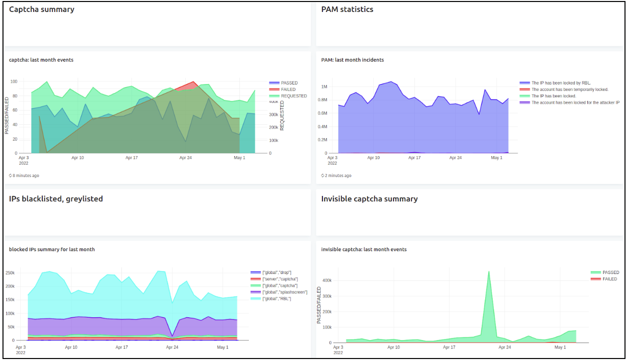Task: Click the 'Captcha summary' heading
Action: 42,9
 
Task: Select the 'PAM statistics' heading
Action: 347,9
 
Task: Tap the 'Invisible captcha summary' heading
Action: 369,199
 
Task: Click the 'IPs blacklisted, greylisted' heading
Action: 56,199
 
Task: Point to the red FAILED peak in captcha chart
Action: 193,82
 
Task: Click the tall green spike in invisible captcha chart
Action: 489,271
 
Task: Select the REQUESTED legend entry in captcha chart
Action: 288,96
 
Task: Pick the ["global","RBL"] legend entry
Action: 271,299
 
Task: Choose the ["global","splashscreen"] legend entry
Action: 279,292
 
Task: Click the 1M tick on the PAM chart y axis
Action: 324,87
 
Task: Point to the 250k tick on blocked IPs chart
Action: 10,273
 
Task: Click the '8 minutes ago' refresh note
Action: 24,176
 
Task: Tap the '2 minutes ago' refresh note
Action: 336,176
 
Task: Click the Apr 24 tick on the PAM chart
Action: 455,158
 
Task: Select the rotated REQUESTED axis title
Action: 282,115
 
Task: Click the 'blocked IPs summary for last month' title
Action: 52,250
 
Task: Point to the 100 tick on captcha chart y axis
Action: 14,82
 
